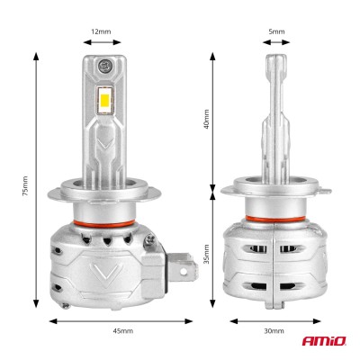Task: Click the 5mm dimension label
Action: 276,31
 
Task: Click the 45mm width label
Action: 124,332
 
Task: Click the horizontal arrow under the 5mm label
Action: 276,45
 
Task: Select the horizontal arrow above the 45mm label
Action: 124,319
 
